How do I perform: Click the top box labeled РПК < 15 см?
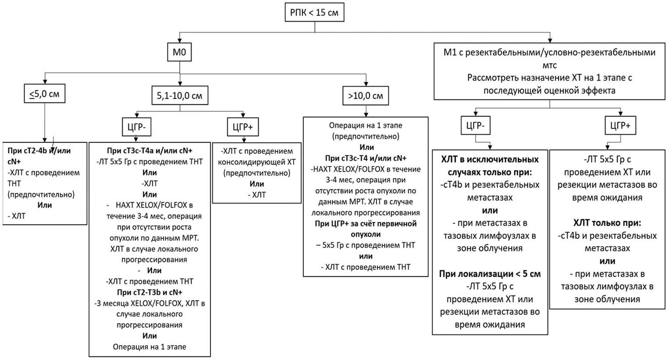(315, 12)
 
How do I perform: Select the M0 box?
(179, 52)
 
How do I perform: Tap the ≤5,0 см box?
(44, 94)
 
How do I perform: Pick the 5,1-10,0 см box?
(180, 96)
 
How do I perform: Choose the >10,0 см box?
(366, 96)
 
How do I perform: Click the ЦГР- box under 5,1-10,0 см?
(137, 127)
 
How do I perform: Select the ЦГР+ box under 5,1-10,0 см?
(243, 127)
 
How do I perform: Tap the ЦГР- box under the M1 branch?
(475, 125)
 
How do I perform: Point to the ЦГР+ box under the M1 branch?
(620, 125)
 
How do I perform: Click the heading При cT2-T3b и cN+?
(150, 292)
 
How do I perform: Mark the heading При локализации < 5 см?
(490, 274)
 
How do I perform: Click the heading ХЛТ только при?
(607, 223)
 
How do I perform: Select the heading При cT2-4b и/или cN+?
(39, 156)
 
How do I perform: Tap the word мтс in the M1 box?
(549, 65)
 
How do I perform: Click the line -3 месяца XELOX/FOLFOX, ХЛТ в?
(150, 303)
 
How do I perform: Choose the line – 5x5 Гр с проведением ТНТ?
(366, 245)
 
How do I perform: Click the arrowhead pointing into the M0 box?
(179, 41)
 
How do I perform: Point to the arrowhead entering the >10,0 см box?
(366, 84)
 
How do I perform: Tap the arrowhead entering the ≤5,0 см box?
(45, 82)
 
